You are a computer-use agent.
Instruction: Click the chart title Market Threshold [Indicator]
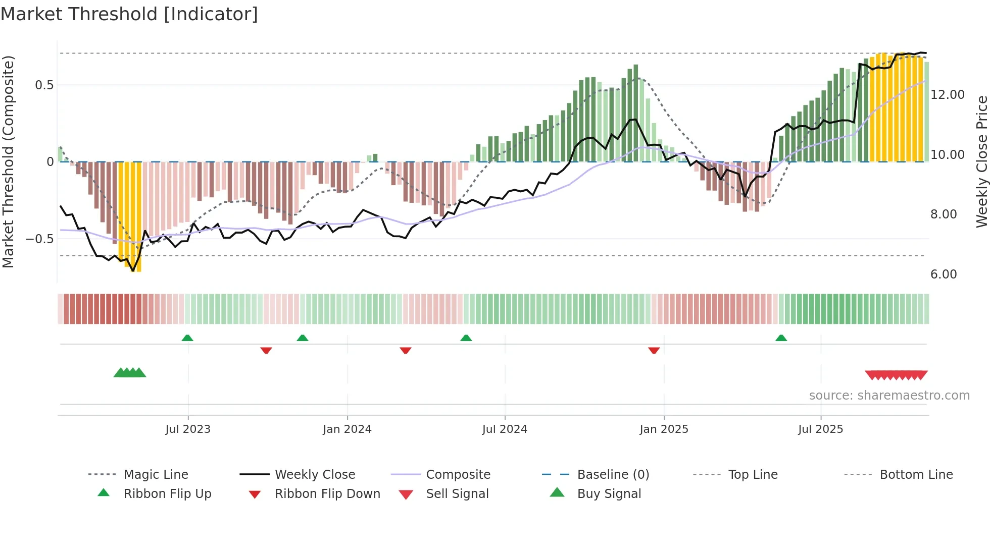[129, 14]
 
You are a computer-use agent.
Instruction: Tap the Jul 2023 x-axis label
[188, 429]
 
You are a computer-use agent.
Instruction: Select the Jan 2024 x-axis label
[347, 429]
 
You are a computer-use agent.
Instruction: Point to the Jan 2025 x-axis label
[664, 429]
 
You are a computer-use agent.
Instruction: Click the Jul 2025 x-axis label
[820, 429]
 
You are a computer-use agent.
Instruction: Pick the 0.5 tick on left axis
[44, 85]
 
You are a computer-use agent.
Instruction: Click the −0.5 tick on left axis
[40, 239]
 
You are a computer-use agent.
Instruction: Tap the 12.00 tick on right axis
[948, 95]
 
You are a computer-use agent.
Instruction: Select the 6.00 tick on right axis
[944, 274]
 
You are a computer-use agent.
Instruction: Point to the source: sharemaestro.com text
[889, 396]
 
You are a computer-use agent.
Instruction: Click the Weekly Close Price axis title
[981, 161]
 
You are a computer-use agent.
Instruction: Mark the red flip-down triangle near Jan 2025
[654, 350]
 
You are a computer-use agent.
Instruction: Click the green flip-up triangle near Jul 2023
[187, 338]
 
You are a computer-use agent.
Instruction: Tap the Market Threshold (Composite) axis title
[8, 161]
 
